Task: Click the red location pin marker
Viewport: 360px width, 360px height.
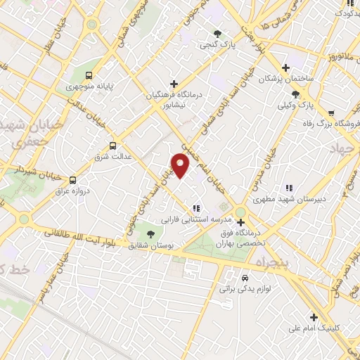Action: [181, 165]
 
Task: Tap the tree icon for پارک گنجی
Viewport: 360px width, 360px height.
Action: [217, 33]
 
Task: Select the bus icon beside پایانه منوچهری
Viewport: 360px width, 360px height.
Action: [89, 75]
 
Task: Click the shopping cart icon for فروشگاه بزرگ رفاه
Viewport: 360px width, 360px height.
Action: [331, 112]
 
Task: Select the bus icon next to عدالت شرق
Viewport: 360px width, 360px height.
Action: [93, 146]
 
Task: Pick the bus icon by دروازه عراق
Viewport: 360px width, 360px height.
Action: [73, 179]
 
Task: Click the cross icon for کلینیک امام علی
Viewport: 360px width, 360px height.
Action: [314, 317]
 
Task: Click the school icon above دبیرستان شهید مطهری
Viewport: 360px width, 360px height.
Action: [288, 188]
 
